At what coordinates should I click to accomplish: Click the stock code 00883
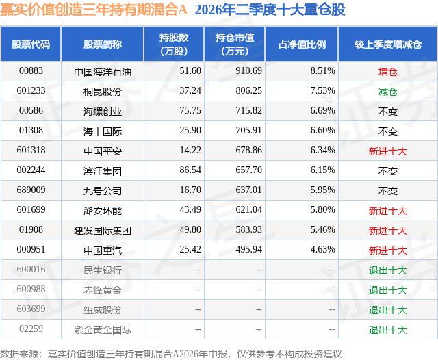coord(31,71)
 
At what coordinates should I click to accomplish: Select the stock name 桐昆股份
coord(103,92)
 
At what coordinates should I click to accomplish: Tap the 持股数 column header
coord(174,44)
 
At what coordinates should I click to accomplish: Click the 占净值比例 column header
coord(302,44)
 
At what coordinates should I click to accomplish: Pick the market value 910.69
coord(248,71)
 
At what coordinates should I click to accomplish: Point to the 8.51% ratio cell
coord(322,71)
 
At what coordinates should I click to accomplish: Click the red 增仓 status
coord(388,72)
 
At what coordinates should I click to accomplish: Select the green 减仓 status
coord(388,92)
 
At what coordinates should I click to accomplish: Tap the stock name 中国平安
coord(103,151)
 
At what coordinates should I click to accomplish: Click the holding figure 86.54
coord(190,170)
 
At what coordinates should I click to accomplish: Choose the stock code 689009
coord(31,190)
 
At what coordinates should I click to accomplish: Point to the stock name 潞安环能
coord(103,211)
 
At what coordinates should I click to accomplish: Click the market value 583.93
coord(248,229)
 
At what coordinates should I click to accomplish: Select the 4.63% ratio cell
coord(322,249)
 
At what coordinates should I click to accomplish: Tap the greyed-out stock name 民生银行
coord(103,270)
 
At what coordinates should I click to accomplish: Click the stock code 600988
coord(31,289)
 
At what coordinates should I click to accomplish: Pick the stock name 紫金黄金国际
coord(103,330)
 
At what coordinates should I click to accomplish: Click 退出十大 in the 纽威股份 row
coord(388,310)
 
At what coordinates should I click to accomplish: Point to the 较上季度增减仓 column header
coord(388,44)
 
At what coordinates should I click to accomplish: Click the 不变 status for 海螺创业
coord(388,112)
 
